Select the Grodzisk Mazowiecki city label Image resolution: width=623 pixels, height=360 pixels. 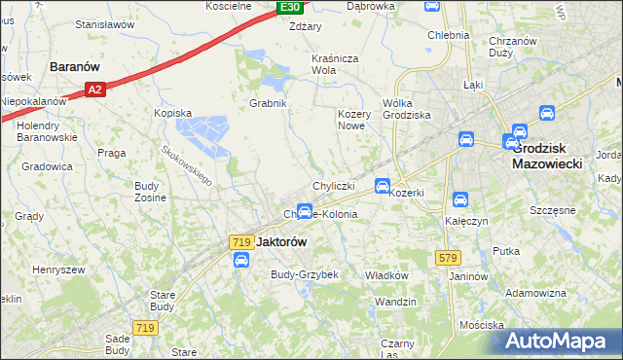(x=546, y=156)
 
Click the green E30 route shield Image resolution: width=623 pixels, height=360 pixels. (x=289, y=8)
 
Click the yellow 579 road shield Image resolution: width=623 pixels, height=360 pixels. (x=447, y=257)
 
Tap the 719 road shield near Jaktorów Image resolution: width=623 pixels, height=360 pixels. (x=242, y=240)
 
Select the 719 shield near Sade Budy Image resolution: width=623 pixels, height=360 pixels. (x=145, y=329)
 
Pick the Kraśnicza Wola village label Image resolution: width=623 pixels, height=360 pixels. (x=337, y=64)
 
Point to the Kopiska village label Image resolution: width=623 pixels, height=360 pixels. (x=172, y=113)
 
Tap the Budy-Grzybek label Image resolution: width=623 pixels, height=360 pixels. (x=304, y=274)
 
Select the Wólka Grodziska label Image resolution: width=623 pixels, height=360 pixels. (x=406, y=108)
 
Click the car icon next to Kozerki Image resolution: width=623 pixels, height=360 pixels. (x=384, y=185)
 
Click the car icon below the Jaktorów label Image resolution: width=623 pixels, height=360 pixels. (x=240, y=260)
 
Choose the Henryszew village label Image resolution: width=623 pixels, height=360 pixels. (x=58, y=269)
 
